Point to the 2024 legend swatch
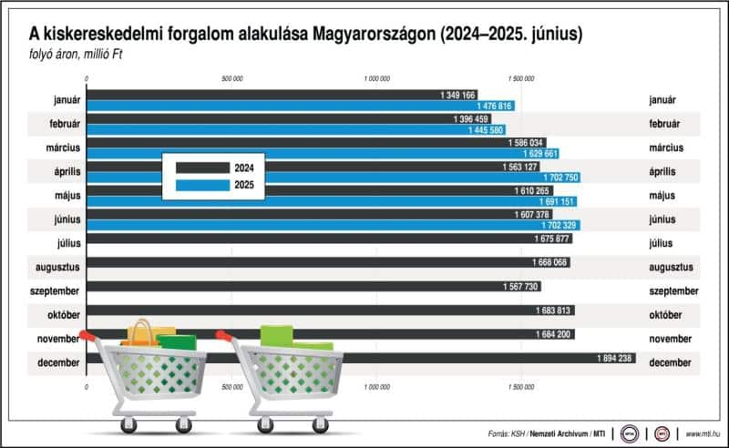tap(202, 168)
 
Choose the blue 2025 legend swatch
tap(202, 185)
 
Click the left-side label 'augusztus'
tap(56, 267)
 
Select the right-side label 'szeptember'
tap(673, 291)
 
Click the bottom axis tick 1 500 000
tap(520, 387)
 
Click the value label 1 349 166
tap(457, 95)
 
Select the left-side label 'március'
tap(62, 148)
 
